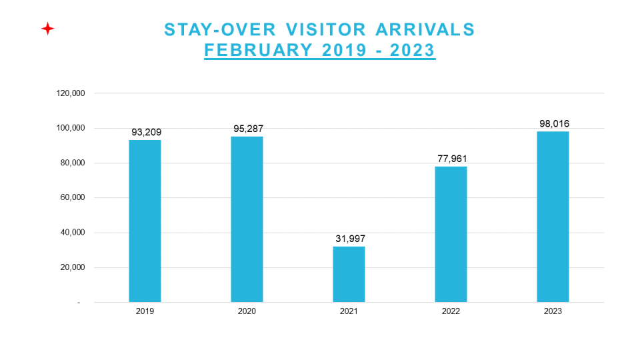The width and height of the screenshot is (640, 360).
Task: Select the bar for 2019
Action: (145, 221)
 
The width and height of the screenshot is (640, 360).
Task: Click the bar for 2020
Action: (247, 219)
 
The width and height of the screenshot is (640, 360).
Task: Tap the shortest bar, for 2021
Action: (349, 274)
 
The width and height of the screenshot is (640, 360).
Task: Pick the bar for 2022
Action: (451, 234)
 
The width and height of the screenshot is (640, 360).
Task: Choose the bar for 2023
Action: (553, 217)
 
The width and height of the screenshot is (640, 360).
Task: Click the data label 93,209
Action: (146, 133)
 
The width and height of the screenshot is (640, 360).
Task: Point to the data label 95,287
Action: (248, 129)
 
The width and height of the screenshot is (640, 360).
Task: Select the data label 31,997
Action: (350, 239)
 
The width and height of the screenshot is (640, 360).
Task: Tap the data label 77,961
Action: (452, 159)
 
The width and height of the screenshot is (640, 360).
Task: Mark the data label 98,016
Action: (554, 123)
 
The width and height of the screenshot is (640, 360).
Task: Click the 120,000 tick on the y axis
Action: (70, 93)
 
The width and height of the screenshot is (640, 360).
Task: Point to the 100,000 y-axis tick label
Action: (70, 128)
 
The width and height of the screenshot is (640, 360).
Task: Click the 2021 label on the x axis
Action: (349, 311)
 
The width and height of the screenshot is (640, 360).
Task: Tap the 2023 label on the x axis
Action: (553, 311)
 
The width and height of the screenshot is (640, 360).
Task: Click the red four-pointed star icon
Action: (47, 29)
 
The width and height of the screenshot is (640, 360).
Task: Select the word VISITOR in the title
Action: (320, 30)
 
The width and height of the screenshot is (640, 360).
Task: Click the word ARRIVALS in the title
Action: (425, 30)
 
